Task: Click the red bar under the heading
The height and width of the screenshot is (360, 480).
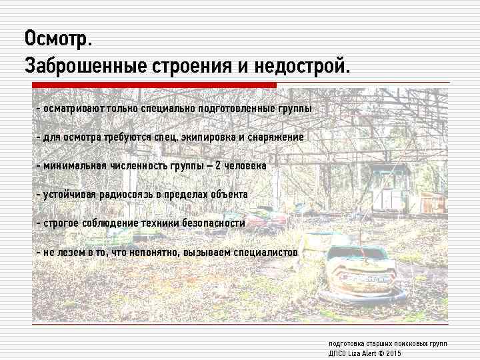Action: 154,85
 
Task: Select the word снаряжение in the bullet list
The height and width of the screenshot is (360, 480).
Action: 274,137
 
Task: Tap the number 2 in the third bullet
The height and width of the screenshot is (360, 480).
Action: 219,166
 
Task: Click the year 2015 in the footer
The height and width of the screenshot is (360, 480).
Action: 393,353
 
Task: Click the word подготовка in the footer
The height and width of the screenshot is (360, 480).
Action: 345,343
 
